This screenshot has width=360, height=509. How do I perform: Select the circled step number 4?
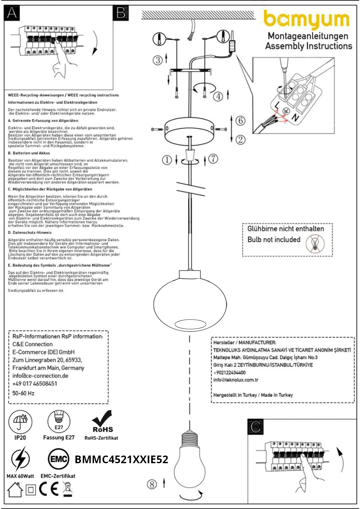point(218,96)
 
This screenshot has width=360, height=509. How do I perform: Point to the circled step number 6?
point(241,121)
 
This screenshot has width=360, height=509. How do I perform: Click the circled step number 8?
point(152,484)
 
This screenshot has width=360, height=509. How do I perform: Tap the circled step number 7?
point(213,158)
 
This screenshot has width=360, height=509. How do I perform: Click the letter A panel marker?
point(12,13)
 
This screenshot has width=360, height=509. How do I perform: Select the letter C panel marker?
point(255,427)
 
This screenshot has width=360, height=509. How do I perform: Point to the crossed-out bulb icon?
point(315,244)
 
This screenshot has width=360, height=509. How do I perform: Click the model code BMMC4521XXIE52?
point(121,459)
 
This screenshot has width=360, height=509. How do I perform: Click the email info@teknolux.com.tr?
point(236,380)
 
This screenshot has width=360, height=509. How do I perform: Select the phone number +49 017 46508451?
point(35,384)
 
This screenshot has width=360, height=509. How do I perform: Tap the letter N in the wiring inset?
point(296,118)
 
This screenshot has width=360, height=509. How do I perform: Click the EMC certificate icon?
point(58,459)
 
